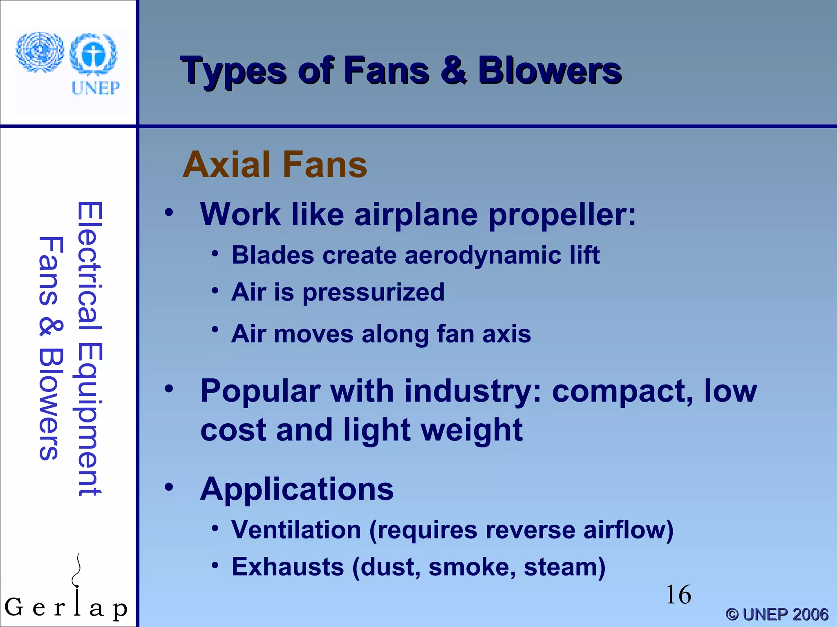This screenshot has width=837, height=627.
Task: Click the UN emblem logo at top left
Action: [x=40, y=52]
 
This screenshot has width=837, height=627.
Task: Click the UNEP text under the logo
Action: [x=96, y=88]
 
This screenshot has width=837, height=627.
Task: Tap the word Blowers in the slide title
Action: [x=550, y=71]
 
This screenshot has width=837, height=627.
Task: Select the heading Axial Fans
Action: [x=275, y=165]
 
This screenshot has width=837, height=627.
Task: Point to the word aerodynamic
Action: [x=483, y=256]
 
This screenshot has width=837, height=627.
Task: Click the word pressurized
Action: [x=373, y=293]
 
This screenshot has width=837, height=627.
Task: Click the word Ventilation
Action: [x=296, y=530]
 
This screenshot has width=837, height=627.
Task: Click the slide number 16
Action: [x=678, y=595]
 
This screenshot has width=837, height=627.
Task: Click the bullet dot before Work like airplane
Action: [x=169, y=213]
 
